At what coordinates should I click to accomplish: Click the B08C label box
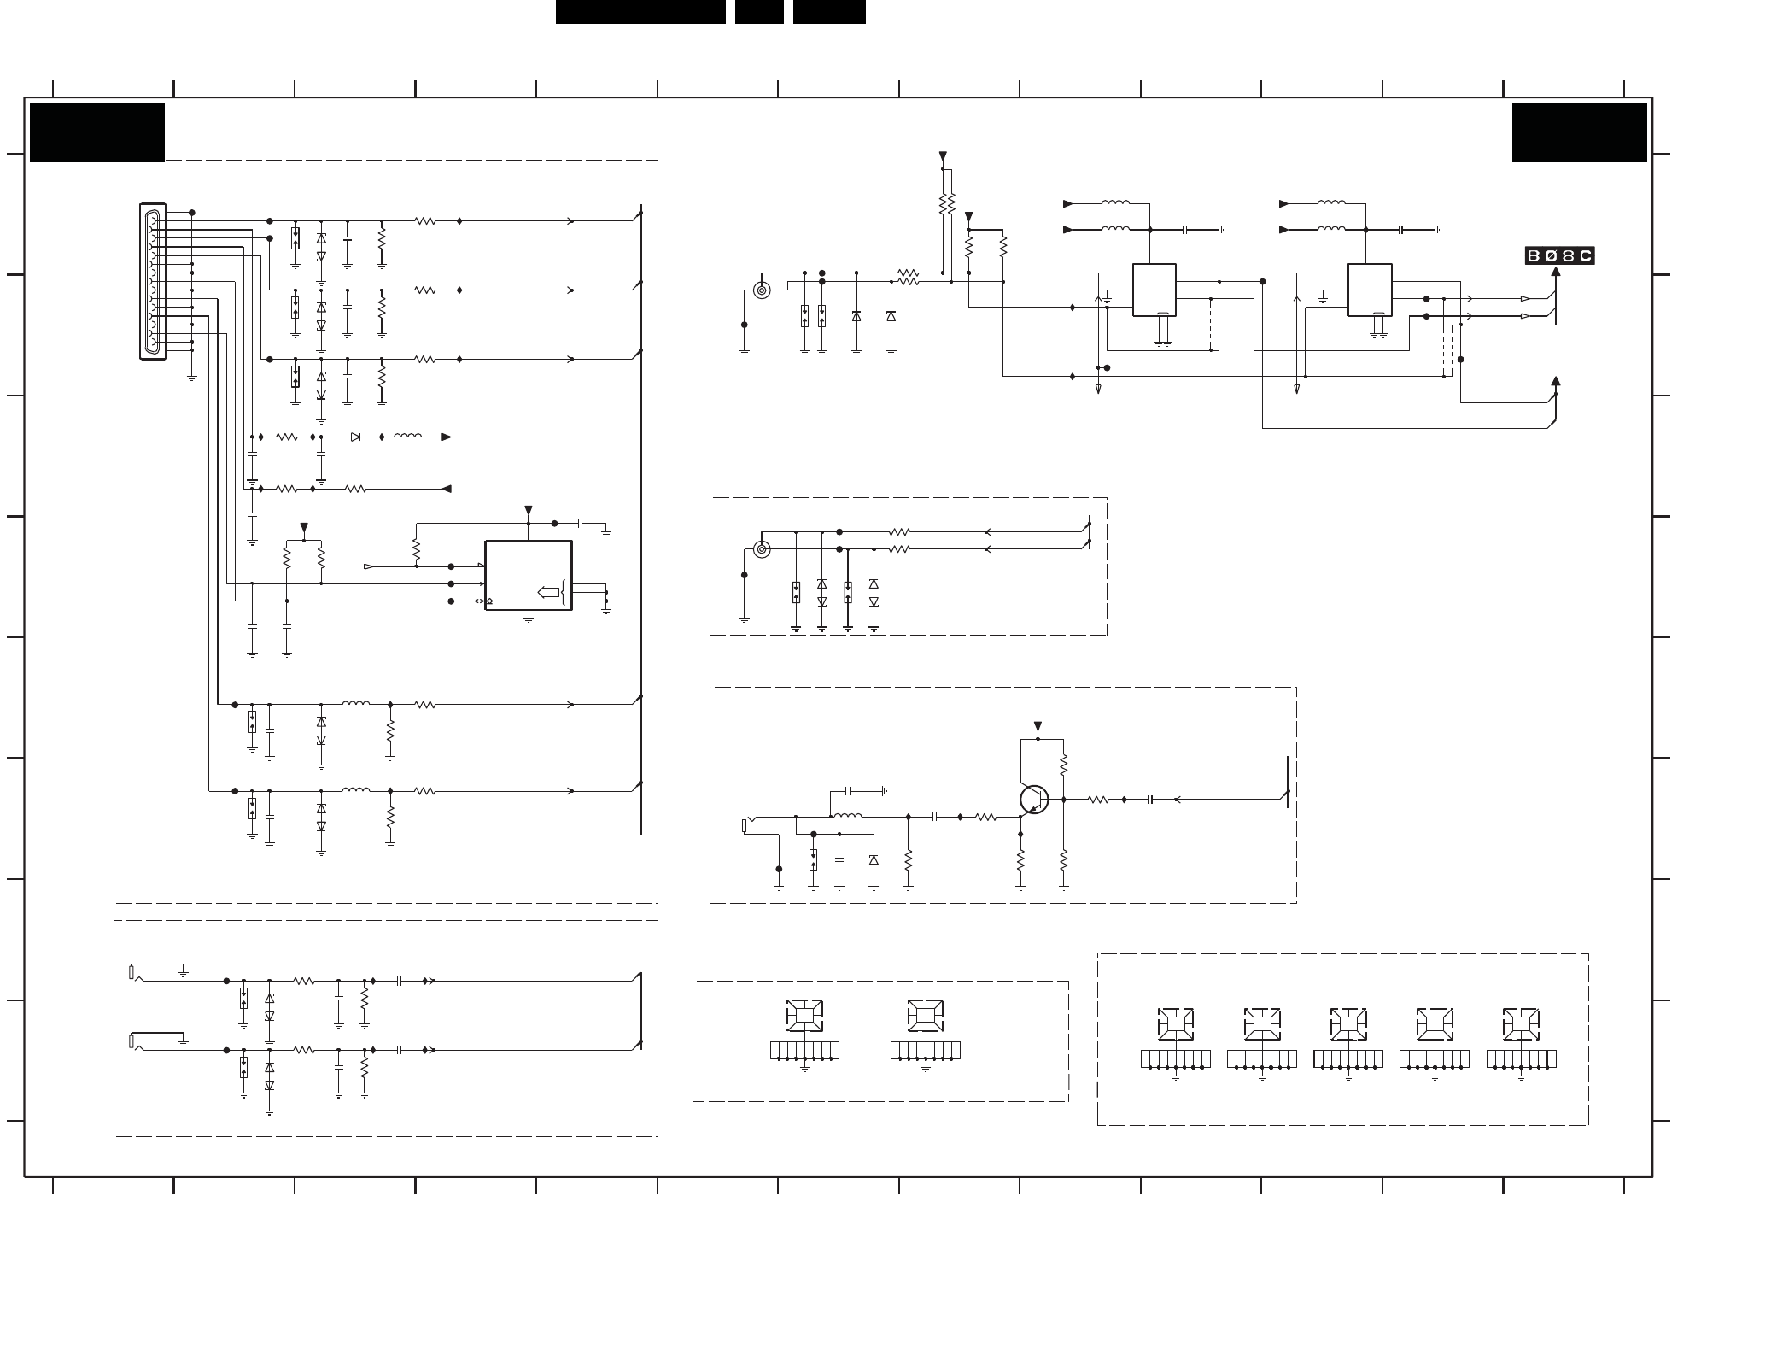(x=1559, y=255)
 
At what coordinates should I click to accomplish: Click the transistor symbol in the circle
(x=1034, y=800)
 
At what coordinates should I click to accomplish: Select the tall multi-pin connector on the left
(x=153, y=282)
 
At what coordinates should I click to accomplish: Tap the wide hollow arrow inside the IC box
(x=547, y=592)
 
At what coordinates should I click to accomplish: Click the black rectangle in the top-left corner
(x=97, y=132)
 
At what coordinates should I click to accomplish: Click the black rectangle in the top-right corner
(x=1579, y=132)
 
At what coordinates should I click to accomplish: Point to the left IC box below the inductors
(x=1154, y=290)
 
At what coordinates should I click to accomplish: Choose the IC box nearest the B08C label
(x=1370, y=290)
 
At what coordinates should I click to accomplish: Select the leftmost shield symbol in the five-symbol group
(x=1175, y=1023)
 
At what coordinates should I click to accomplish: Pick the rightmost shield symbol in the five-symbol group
(x=1521, y=1023)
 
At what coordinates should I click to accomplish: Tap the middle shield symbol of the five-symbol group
(x=1348, y=1023)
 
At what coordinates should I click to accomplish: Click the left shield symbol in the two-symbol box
(x=804, y=1015)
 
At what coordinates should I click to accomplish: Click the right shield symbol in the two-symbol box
(x=925, y=1015)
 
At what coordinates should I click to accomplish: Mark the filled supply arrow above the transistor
(x=1038, y=726)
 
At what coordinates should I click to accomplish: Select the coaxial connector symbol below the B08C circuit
(x=761, y=548)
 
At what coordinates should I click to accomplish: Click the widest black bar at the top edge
(x=640, y=12)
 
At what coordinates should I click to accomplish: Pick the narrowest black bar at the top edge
(x=759, y=12)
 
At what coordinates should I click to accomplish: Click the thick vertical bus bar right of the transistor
(x=1288, y=782)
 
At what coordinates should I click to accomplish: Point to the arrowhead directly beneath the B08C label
(x=1556, y=272)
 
